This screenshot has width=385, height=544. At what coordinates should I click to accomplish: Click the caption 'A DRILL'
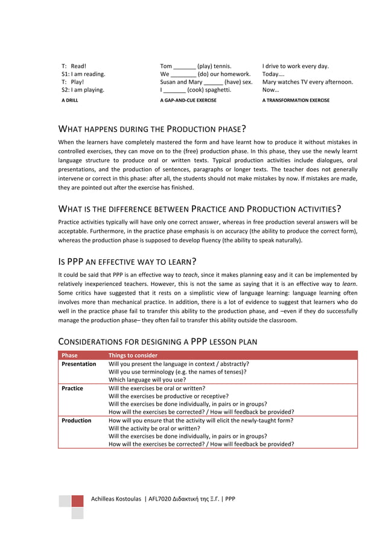coord(69,100)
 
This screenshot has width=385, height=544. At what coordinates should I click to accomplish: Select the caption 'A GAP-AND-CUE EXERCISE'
coord(188,100)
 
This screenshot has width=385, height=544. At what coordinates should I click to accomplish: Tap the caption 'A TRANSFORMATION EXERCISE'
coord(296,100)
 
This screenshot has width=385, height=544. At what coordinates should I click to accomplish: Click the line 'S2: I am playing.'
coord(83,90)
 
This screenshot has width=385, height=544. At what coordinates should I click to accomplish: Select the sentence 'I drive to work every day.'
coord(296,66)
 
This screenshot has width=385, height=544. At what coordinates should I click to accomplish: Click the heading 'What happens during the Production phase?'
coord(151,129)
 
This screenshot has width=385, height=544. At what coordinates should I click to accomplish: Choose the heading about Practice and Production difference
coord(199,209)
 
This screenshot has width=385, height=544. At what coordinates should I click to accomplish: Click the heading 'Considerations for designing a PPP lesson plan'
coord(157,341)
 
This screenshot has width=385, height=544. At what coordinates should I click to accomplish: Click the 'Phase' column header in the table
coord(70,355)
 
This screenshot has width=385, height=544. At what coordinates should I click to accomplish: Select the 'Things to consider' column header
coord(133,355)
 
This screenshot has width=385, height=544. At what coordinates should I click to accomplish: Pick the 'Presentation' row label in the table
coord(79,364)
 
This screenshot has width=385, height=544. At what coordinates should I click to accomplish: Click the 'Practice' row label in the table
coord(72,389)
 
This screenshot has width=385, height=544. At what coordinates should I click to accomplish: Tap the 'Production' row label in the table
coord(77,420)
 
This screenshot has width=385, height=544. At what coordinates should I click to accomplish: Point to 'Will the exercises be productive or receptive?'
coord(175,397)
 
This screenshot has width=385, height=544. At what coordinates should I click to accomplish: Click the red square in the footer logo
coord(77,501)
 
